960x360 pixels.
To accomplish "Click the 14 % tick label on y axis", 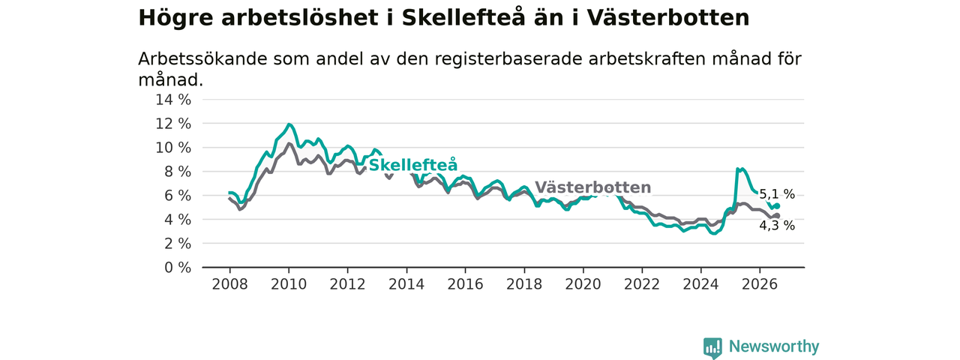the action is click(173, 100).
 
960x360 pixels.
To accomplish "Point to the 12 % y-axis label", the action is click(173, 124).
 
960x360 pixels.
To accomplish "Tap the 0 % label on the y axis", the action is click(178, 268).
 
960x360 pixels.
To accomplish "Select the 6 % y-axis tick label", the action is click(178, 196).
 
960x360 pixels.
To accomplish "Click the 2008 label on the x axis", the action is click(229, 284).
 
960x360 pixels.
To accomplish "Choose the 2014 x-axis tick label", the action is click(406, 284).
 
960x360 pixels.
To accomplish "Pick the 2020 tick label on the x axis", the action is click(583, 284).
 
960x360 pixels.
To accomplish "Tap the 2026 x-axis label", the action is click(760, 284).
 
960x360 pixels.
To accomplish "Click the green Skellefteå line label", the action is click(413, 165).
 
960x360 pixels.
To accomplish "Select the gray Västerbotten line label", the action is click(593, 187).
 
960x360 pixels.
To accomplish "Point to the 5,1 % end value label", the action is click(777, 194).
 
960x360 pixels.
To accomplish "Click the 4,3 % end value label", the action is click(777, 226).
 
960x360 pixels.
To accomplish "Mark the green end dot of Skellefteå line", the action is click(777, 206).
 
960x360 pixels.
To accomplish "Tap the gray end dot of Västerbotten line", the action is click(777, 215).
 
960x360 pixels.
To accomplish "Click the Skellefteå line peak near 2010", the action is click(289, 124).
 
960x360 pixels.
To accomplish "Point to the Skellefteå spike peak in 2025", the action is click(738, 169).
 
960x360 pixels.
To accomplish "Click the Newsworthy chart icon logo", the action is click(712, 347).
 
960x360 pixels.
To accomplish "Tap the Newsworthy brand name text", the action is click(774, 346).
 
